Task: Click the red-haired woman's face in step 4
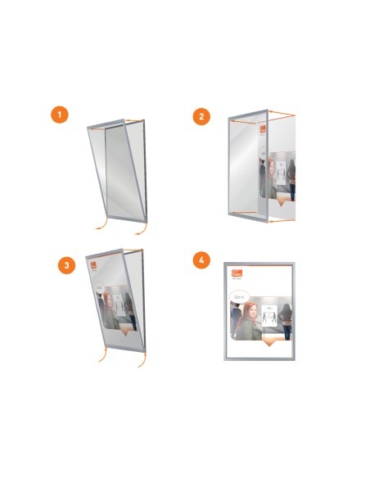247,310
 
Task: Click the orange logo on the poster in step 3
93,264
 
